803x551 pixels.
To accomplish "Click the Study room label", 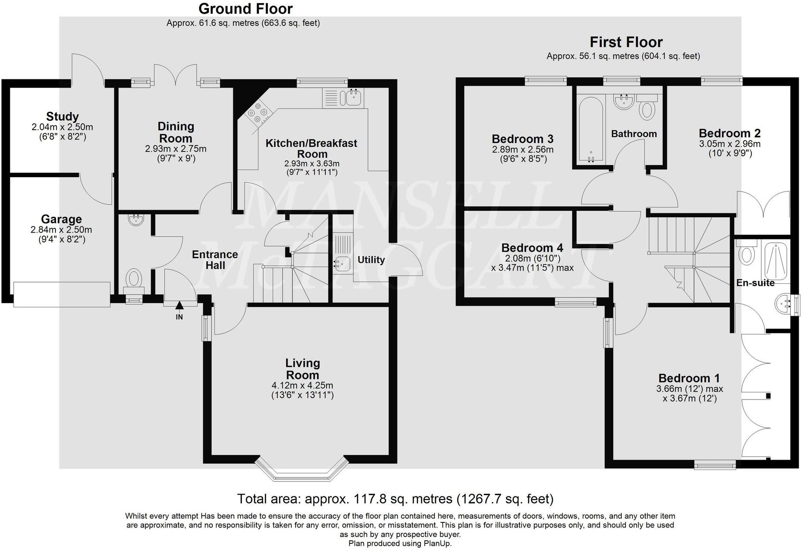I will click(62, 117).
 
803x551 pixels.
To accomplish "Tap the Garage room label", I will click(61, 219).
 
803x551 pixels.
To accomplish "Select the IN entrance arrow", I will click(180, 305).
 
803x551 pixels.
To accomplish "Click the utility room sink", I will click(342, 264).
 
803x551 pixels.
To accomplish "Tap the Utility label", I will click(371, 260).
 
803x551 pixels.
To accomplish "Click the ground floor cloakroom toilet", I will click(134, 279).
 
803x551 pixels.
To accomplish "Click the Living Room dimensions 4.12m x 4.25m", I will click(302, 386).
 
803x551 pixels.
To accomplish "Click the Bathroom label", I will click(634, 134).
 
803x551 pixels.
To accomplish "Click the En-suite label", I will click(755, 283).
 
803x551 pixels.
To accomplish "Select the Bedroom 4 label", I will click(532, 248).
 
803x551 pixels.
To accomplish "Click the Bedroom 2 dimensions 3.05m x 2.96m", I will click(730, 144).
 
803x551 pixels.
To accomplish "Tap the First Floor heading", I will click(626, 42).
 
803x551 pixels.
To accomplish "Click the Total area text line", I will click(395, 499).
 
